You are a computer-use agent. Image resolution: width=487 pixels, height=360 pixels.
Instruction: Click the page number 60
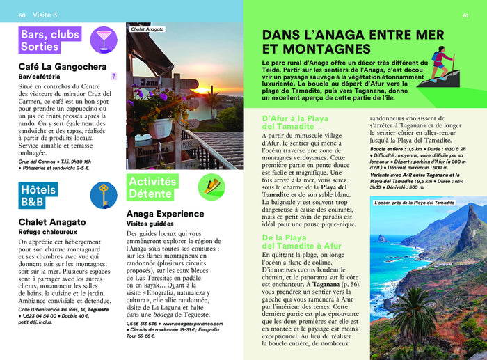point(22,15)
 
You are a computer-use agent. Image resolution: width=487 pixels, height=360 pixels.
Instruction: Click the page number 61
point(465,15)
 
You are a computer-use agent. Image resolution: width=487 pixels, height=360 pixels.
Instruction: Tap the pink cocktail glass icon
point(104,38)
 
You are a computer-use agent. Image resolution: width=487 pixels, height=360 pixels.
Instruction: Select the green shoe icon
point(211,185)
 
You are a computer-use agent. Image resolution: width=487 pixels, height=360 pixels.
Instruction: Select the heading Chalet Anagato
point(52,222)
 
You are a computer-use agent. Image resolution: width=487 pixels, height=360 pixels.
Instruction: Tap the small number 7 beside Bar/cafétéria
point(114,75)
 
